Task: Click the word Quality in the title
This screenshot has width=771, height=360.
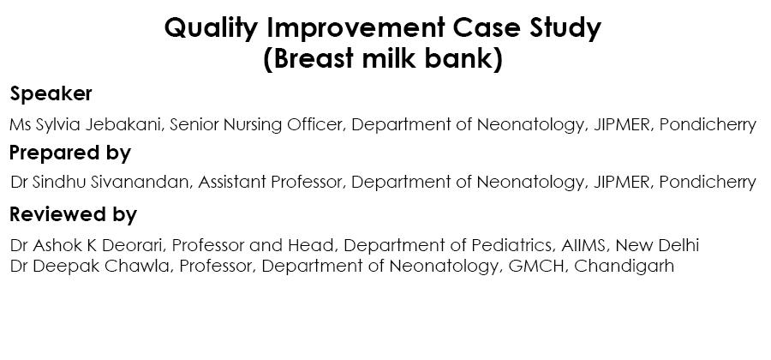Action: click(211, 28)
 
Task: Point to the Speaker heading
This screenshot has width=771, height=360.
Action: click(51, 93)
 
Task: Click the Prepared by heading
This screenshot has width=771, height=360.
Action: click(70, 153)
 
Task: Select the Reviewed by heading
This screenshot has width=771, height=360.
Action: click(73, 215)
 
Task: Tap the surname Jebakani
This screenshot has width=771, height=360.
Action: click(123, 124)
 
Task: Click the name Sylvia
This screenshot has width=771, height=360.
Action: click(58, 125)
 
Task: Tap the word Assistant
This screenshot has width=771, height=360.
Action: click(232, 182)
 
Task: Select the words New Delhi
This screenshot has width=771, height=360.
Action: click(657, 245)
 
